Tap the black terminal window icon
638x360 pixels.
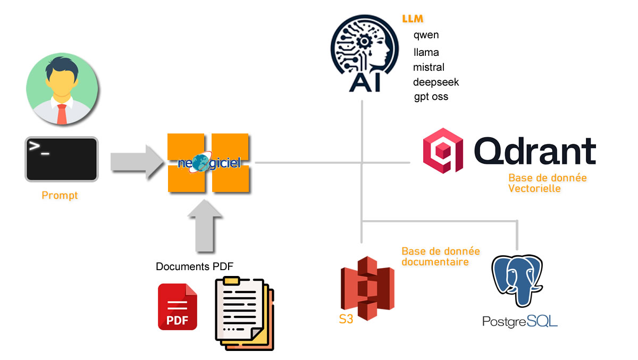(x=61, y=159)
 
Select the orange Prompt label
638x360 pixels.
(x=60, y=196)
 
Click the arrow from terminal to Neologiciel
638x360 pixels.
(x=136, y=161)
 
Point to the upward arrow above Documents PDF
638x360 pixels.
(x=205, y=229)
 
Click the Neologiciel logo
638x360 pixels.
(x=208, y=163)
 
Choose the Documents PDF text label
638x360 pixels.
(x=194, y=266)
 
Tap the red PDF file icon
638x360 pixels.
(x=177, y=307)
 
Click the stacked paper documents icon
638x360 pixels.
(x=245, y=314)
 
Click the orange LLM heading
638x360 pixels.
(x=413, y=19)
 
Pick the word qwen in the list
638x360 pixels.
(x=426, y=35)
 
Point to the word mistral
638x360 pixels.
(x=429, y=68)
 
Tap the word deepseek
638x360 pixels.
(x=436, y=82)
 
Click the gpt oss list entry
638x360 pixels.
(x=431, y=97)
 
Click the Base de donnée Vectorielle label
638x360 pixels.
(x=547, y=183)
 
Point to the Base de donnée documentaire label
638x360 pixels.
(x=441, y=256)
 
